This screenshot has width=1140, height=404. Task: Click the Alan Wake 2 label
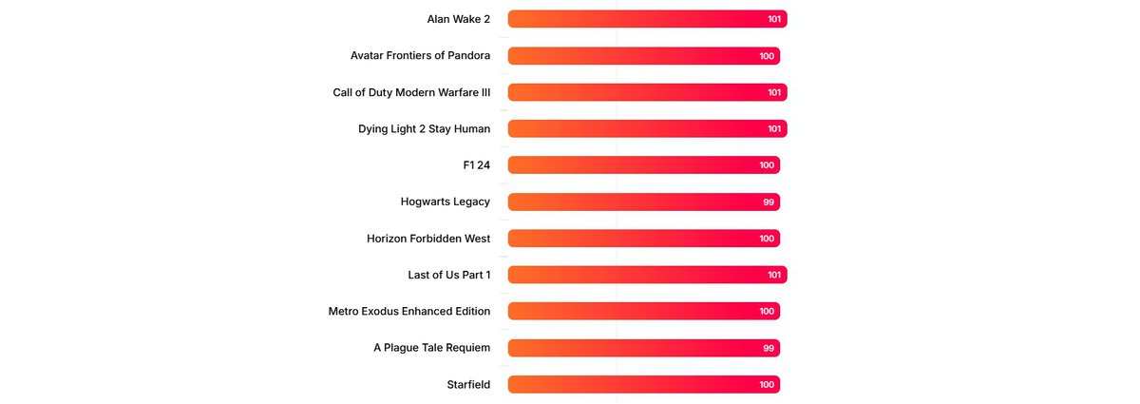[x=459, y=19]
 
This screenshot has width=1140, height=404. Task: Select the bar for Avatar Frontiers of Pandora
[x=643, y=56]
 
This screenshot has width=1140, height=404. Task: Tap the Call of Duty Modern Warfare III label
[x=411, y=92]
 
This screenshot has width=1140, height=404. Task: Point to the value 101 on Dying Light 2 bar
[x=774, y=129]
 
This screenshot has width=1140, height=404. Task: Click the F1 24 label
[x=476, y=165]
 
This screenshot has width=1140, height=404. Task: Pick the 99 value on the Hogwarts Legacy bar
[x=769, y=202]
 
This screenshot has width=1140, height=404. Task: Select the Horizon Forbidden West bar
[x=643, y=239]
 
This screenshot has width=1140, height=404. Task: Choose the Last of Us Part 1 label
[x=448, y=275]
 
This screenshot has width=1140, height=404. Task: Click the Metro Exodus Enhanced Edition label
[x=409, y=311]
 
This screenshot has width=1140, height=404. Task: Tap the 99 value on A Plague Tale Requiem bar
[x=769, y=349]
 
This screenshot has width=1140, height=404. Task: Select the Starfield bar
[x=643, y=385]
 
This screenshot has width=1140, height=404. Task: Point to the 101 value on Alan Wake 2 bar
[x=774, y=19]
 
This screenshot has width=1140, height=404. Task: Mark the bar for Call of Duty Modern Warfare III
[x=647, y=92]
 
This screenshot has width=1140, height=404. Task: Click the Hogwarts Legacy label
[x=446, y=202]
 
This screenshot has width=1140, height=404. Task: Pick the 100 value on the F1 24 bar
[x=767, y=165]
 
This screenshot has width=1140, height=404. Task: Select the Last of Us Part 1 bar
[x=647, y=275]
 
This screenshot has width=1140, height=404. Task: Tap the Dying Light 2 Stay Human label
[x=424, y=128]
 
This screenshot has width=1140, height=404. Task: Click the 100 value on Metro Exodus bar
[x=767, y=312]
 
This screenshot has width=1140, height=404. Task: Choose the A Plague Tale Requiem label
[x=431, y=348]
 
